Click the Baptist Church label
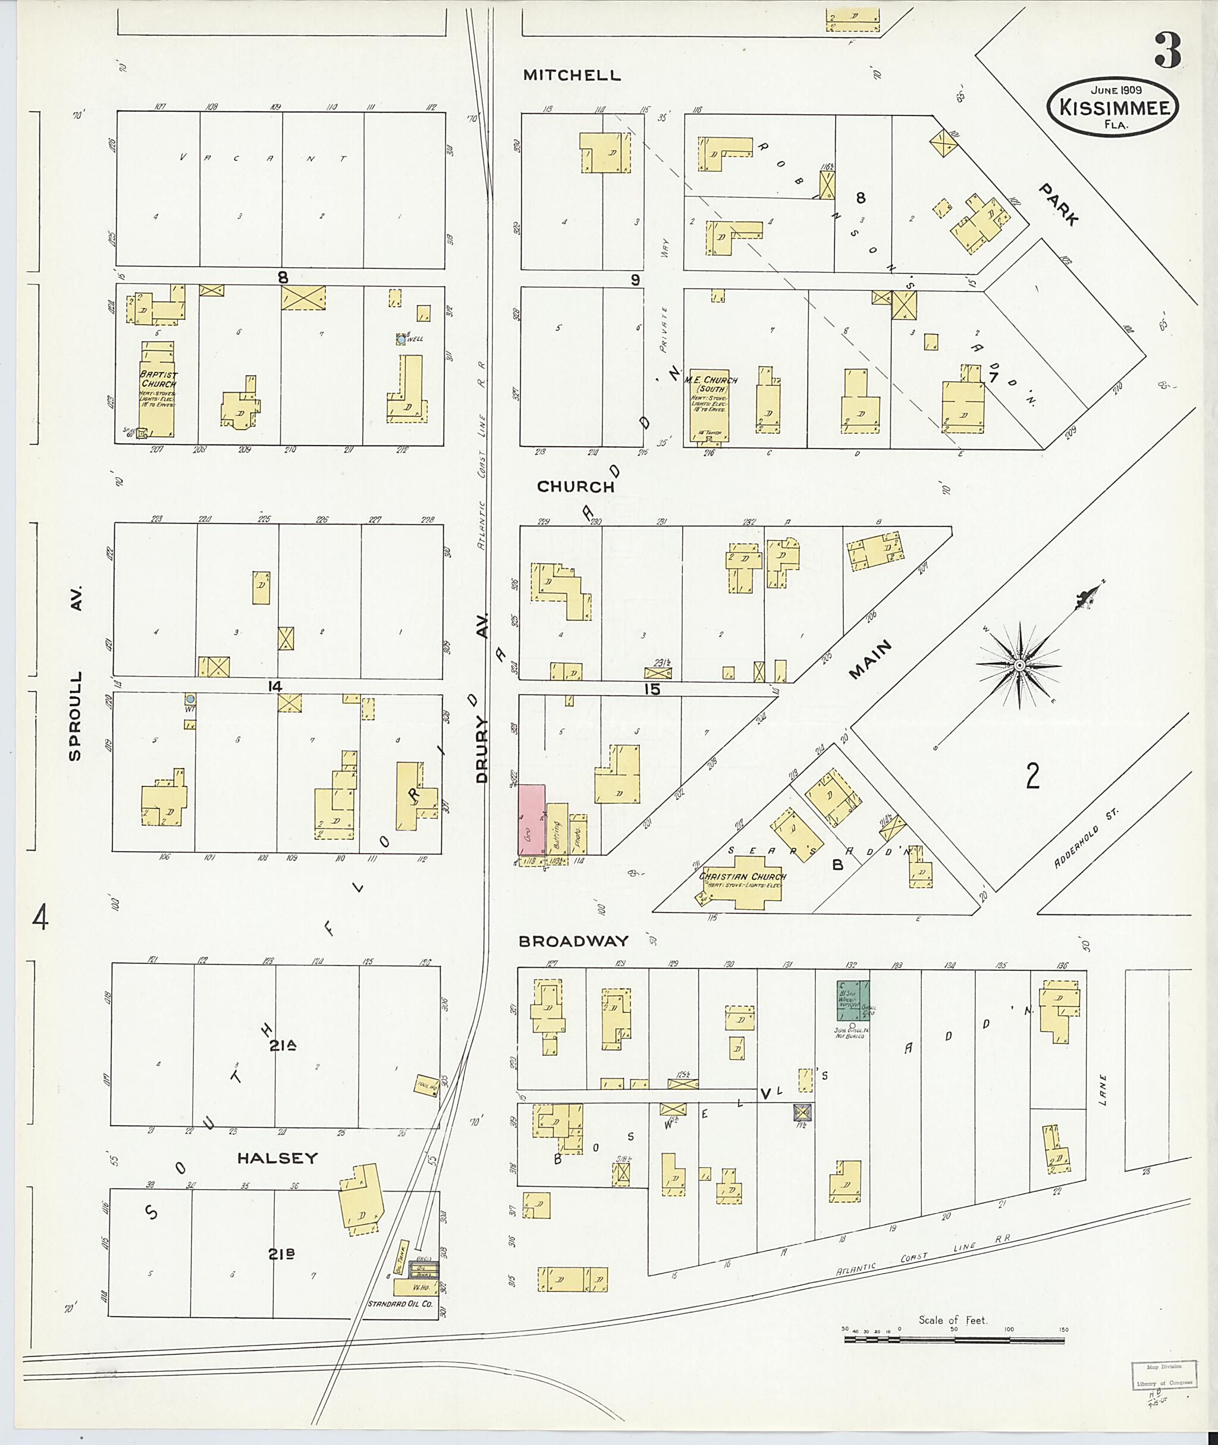tap(158, 379)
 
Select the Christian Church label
tap(742, 876)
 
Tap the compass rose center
tap(1018, 665)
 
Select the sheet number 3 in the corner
tap(1166, 51)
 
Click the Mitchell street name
tap(571, 76)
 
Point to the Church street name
tap(575, 486)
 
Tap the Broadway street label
tap(573, 941)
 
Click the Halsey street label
tap(277, 1158)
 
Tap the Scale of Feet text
tap(952, 1320)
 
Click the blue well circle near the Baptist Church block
tap(400, 339)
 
